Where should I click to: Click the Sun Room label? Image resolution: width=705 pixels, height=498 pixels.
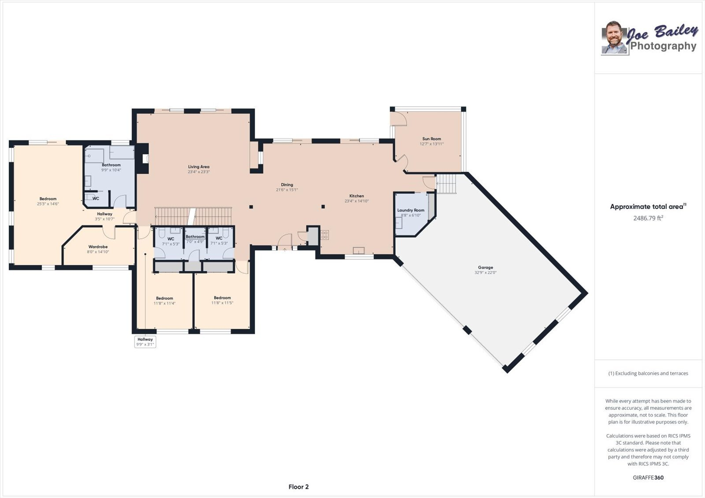click(431, 139)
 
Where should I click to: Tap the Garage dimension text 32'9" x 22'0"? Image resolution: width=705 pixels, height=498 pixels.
click(485, 273)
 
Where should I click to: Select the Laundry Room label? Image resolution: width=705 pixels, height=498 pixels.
click(411, 210)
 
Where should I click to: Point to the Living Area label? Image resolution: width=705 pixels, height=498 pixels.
click(199, 167)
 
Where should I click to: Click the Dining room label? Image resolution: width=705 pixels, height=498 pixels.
click(287, 185)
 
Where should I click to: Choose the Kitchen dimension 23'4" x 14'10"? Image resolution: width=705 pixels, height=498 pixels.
click(356, 201)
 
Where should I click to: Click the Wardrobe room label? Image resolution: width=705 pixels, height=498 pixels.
click(98, 247)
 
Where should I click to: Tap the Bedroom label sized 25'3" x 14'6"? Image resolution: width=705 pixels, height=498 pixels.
click(48, 199)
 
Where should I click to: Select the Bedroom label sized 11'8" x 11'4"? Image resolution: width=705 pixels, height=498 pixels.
click(164, 298)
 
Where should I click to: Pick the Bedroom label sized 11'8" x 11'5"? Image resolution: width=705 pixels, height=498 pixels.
click(222, 298)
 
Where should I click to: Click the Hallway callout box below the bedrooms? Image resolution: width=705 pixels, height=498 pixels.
click(145, 342)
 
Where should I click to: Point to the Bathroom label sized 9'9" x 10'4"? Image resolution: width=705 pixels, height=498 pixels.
click(111, 165)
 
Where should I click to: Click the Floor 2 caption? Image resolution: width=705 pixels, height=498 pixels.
click(298, 487)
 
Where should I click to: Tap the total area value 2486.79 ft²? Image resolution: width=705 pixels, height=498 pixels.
click(648, 218)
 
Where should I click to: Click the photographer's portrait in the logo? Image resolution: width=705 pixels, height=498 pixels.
click(614, 38)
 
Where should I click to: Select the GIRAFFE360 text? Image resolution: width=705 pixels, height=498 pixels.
click(648, 477)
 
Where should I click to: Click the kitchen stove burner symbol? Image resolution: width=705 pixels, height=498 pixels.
click(325, 235)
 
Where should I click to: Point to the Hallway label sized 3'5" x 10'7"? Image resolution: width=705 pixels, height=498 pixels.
click(104, 214)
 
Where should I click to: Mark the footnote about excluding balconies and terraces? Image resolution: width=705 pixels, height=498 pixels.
click(648, 373)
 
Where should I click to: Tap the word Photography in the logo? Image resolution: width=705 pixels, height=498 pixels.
click(663, 46)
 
